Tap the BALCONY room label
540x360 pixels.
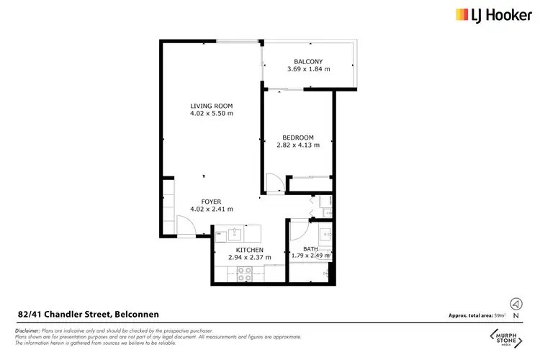[x=307, y=61]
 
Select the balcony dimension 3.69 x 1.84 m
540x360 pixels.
[x=307, y=70]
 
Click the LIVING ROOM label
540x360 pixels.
[x=212, y=105]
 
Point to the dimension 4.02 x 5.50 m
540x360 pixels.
[x=212, y=114]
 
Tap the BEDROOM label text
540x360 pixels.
[x=298, y=138]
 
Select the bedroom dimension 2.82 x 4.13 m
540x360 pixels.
[x=298, y=146]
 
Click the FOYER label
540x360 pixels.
[x=212, y=202]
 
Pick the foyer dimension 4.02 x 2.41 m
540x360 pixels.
[x=212, y=210]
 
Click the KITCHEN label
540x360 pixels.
[x=245, y=250]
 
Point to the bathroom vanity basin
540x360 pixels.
[x=323, y=233]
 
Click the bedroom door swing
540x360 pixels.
[x=274, y=183]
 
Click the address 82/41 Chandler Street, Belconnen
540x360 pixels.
[x=88, y=314]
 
